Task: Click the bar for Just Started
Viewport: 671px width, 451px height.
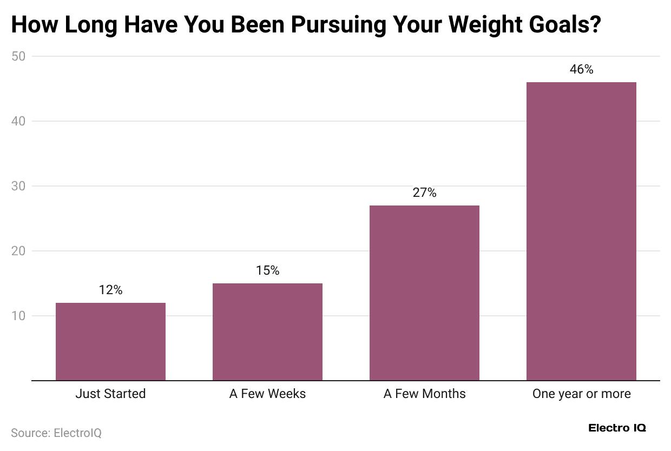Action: tap(110, 342)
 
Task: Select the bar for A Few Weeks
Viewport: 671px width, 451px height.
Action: tap(267, 332)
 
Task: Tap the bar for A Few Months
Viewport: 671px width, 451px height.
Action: tap(424, 293)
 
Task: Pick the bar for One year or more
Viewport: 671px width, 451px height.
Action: tap(581, 231)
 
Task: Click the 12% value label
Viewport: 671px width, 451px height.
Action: tap(110, 290)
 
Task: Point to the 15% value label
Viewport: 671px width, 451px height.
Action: tap(267, 270)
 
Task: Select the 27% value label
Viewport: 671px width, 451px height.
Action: tap(424, 193)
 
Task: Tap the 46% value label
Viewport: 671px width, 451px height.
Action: tap(581, 69)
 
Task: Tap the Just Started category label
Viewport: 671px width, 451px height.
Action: tap(110, 394)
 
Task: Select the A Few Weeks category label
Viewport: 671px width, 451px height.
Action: tap(267, 394)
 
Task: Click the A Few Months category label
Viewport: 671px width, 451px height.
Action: tap(424, 394)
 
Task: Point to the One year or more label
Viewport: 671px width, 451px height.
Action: tap(581, 394)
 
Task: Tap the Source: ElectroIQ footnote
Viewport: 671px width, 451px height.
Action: tap(56, 433)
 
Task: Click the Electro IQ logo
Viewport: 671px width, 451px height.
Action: tap(617, 428)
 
